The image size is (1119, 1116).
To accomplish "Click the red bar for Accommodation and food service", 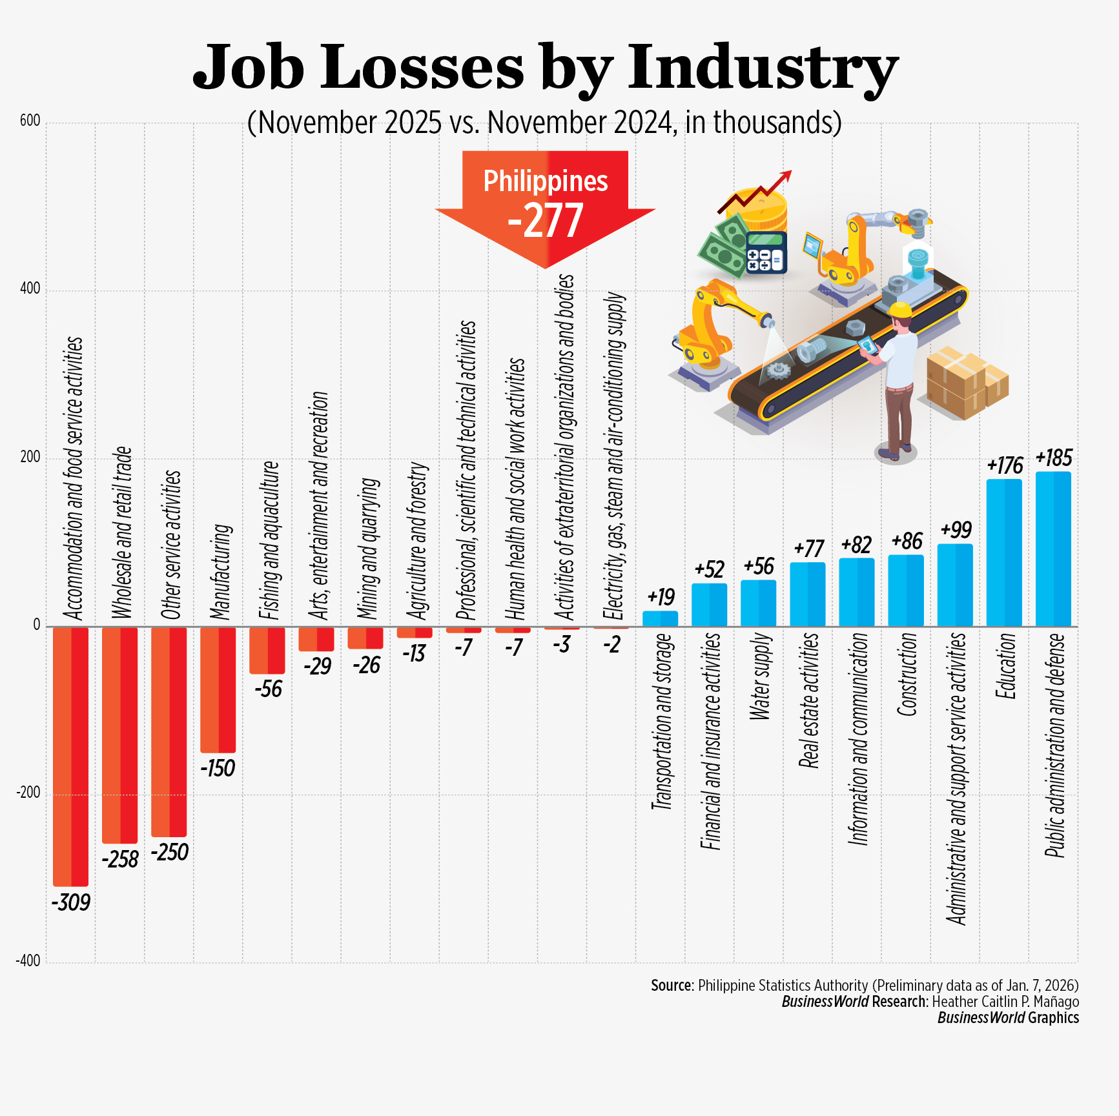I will [x=70, y=755].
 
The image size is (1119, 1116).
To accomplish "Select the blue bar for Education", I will [x=1004, y=553].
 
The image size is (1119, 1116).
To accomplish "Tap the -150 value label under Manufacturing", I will [x=218, y=768].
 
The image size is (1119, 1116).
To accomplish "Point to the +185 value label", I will [x=1053, y=458].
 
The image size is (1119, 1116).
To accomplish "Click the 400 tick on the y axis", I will [x=30, y=289].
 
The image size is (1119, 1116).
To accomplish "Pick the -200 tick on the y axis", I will [x=28, y=793].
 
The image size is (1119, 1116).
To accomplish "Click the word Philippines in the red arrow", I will [x=546, y=181].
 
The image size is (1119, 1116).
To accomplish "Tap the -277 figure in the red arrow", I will [x=546, y=221].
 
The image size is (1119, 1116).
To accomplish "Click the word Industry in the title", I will [x=763, y=68].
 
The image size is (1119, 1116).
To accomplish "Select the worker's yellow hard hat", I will [x=899, y=310].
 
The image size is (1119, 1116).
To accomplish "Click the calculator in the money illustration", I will [x=766, y=252].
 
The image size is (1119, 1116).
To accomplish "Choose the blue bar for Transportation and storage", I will [x=660, y=618].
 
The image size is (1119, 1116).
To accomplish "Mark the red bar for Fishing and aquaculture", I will [x=267, y=650].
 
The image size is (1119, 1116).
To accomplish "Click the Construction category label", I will [x=907, y=675].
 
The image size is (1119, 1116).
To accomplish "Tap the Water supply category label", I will [x=760, y=676].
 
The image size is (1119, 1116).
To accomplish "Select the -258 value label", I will [x=120, y=859].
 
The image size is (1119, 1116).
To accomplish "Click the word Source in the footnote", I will [x=672, y=986].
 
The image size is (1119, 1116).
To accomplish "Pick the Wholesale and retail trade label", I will [x=121, y=533].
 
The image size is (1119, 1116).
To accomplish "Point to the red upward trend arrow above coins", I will [x=755, y=194].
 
